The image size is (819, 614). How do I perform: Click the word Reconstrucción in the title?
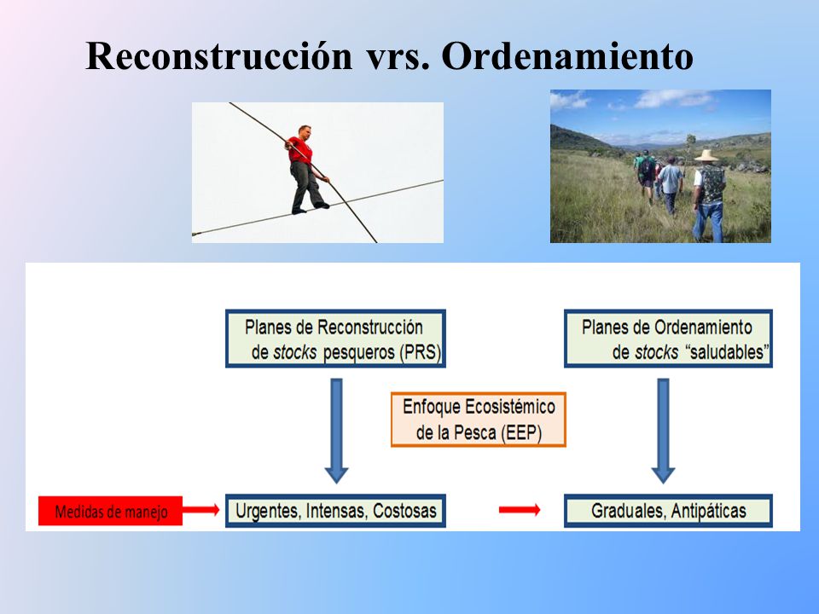[219, 56]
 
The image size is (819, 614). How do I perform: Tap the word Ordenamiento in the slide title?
[567, 56]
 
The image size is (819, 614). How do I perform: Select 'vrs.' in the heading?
[398, 57]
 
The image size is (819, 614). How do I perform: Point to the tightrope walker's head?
[305, 131]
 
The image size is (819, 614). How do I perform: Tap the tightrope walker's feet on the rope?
[311, 208]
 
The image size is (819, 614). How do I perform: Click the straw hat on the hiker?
[706, 155]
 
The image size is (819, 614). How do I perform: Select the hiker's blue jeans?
[708, 222]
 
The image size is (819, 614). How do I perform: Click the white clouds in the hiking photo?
[674, 98]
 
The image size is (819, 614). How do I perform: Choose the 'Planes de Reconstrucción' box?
[335, 339]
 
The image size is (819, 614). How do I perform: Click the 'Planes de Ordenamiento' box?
[668, 339]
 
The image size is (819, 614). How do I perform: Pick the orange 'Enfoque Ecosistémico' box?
[479, 420]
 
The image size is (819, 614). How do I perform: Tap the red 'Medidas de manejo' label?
[110, 511]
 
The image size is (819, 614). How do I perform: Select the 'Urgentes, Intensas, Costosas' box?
[335, 511]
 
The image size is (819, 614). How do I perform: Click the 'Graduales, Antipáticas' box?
[668, 511]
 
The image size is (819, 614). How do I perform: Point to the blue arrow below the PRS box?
[336, 431]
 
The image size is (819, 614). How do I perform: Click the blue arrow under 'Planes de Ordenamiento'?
[664, 431]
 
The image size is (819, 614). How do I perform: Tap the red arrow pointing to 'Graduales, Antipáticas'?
[520, 510]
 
